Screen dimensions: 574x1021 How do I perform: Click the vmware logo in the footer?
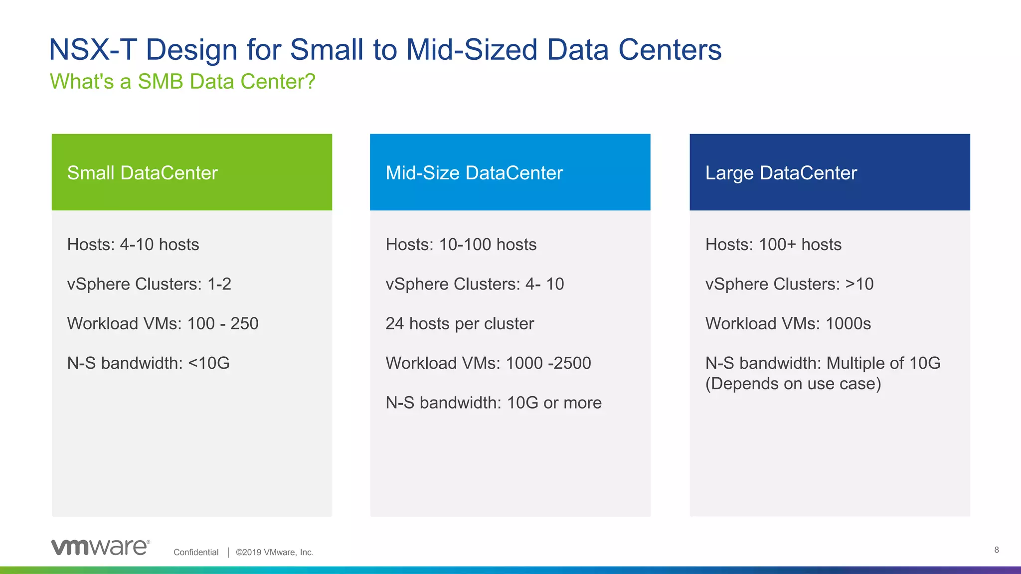pos(100,547)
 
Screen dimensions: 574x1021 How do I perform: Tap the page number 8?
pos(996,550)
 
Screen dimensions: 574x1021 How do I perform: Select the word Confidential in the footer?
pos(196,552)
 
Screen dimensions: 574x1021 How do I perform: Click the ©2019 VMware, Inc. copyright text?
pos(275,552)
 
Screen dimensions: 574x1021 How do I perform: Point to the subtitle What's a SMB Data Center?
pos(182,82)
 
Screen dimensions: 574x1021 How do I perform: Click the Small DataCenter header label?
pos(143,173)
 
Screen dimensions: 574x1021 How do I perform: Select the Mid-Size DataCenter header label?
pos(474,173)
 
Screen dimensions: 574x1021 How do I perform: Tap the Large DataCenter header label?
pos(781,173)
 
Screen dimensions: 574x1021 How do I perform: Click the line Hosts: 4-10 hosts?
pos(133,245)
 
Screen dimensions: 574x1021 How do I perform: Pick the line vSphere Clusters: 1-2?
pos(149,284)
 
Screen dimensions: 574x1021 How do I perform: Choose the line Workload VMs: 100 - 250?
pos(163,324)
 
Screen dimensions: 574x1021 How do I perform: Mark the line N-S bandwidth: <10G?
pos(149,363)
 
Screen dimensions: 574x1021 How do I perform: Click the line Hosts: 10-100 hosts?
pos(461,245)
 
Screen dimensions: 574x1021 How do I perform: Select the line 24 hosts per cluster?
pos(460,324)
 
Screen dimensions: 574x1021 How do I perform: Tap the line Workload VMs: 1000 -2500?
pos(488,363)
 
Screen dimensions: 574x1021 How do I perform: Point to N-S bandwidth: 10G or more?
pos(494,403)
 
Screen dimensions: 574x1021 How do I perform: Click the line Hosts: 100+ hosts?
pos(773,245)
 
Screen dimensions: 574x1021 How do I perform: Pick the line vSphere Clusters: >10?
pos(789,284)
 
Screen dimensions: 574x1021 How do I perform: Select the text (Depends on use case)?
pos(793,384)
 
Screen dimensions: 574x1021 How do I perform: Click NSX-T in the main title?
pos(93,50)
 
